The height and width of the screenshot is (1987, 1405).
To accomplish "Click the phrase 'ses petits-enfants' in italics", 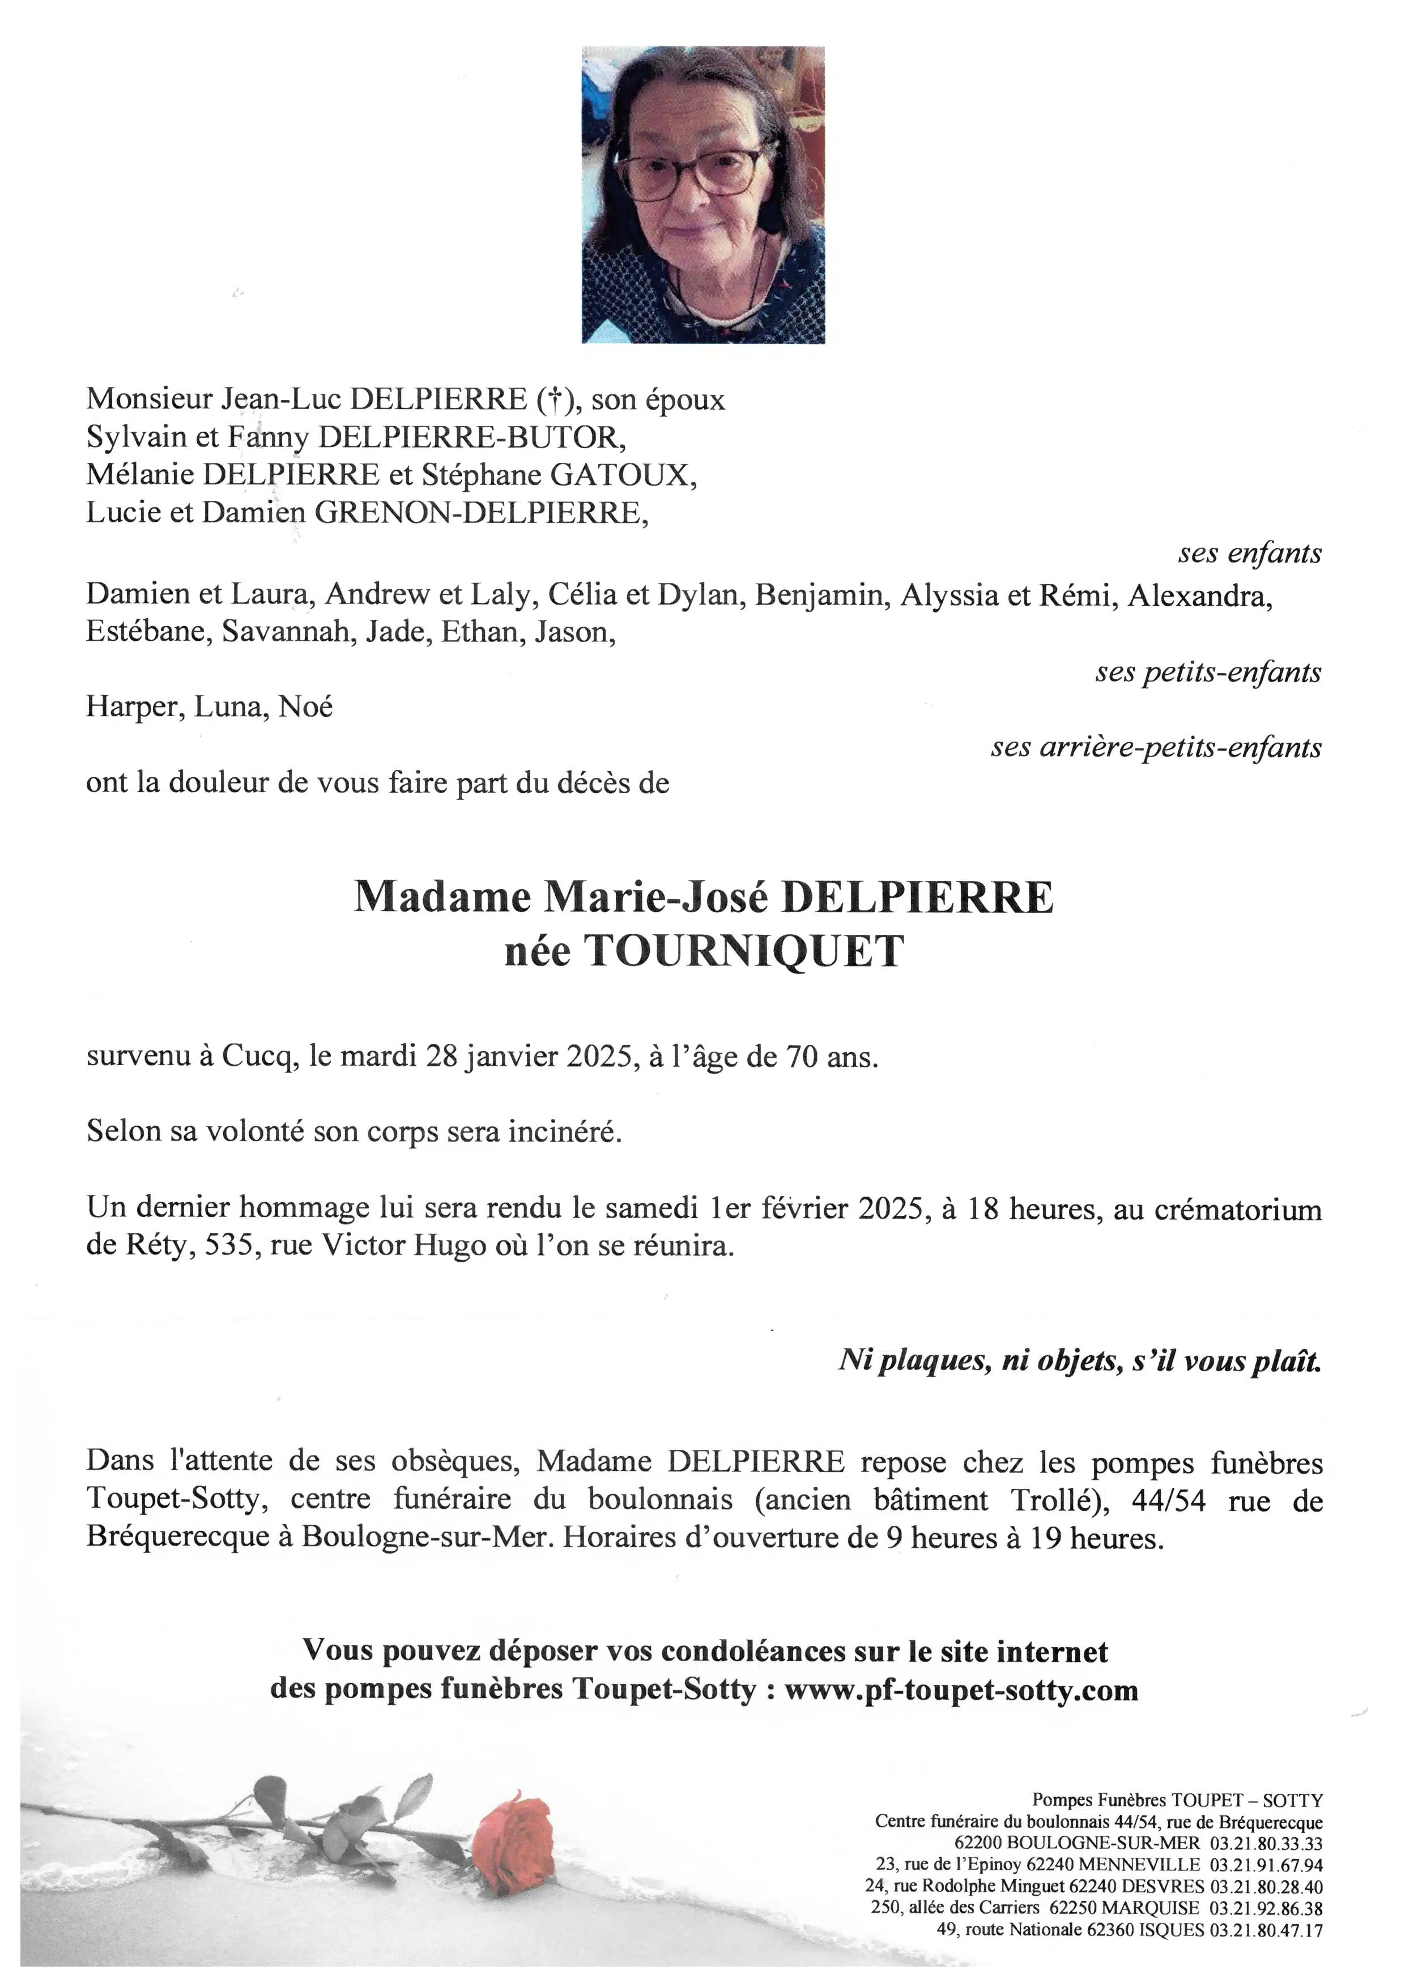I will pyautogui.click(x=1208, y=673).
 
